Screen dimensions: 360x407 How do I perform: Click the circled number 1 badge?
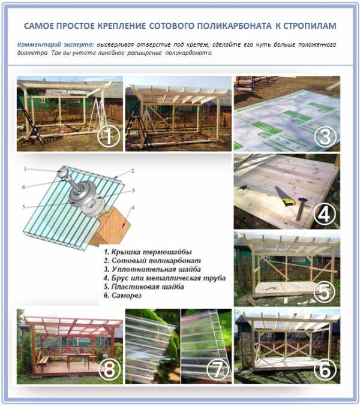(x=109, y=137)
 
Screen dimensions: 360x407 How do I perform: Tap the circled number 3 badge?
(x=325, y=137)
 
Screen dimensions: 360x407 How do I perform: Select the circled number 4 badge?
(x=325, y=215)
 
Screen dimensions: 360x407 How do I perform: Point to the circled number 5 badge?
(x=325, y=291)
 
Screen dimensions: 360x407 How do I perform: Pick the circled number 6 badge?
(x=325, y=369)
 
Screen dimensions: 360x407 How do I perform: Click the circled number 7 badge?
(x=217, y=369)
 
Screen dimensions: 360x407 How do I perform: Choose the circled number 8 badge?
(x=109, y=369)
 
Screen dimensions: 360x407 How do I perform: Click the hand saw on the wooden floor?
(x=285, y=196)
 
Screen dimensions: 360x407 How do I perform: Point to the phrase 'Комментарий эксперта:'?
(x=55, y=44)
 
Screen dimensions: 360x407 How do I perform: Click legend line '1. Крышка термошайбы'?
(x=148, y=252)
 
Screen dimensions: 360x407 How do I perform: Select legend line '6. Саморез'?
(x=122, y=296)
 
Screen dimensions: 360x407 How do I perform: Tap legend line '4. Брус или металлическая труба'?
(x=164, y=278)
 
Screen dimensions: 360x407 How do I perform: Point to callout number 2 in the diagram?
(x=133, y=171)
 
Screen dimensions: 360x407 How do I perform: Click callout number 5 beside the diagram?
(x=23, y=207)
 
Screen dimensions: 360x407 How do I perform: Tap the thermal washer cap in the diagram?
(x=63, y=171)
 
